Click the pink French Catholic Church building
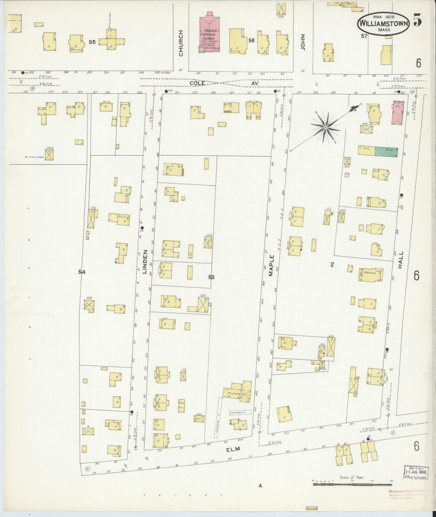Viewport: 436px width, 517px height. pos(209,34)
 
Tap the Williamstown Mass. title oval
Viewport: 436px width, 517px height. pos(384,24)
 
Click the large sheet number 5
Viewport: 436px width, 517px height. pos(417,21)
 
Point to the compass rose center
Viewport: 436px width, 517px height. pos(326,127)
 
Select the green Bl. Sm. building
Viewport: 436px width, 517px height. pos(387,151)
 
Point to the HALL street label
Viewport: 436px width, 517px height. pos(401,260)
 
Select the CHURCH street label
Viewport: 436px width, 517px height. pos(181,43)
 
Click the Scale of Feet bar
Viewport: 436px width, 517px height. pos(352,485)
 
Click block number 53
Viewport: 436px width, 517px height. pos(211,277)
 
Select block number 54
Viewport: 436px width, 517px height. pos(82,272)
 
